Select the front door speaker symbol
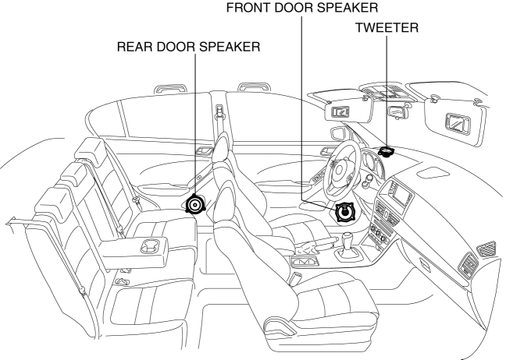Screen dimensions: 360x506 (344, 212)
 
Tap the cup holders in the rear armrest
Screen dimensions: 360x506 (147, 247)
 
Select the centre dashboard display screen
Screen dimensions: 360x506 (401, 196)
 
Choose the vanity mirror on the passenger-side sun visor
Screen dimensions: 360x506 (453, 121)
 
